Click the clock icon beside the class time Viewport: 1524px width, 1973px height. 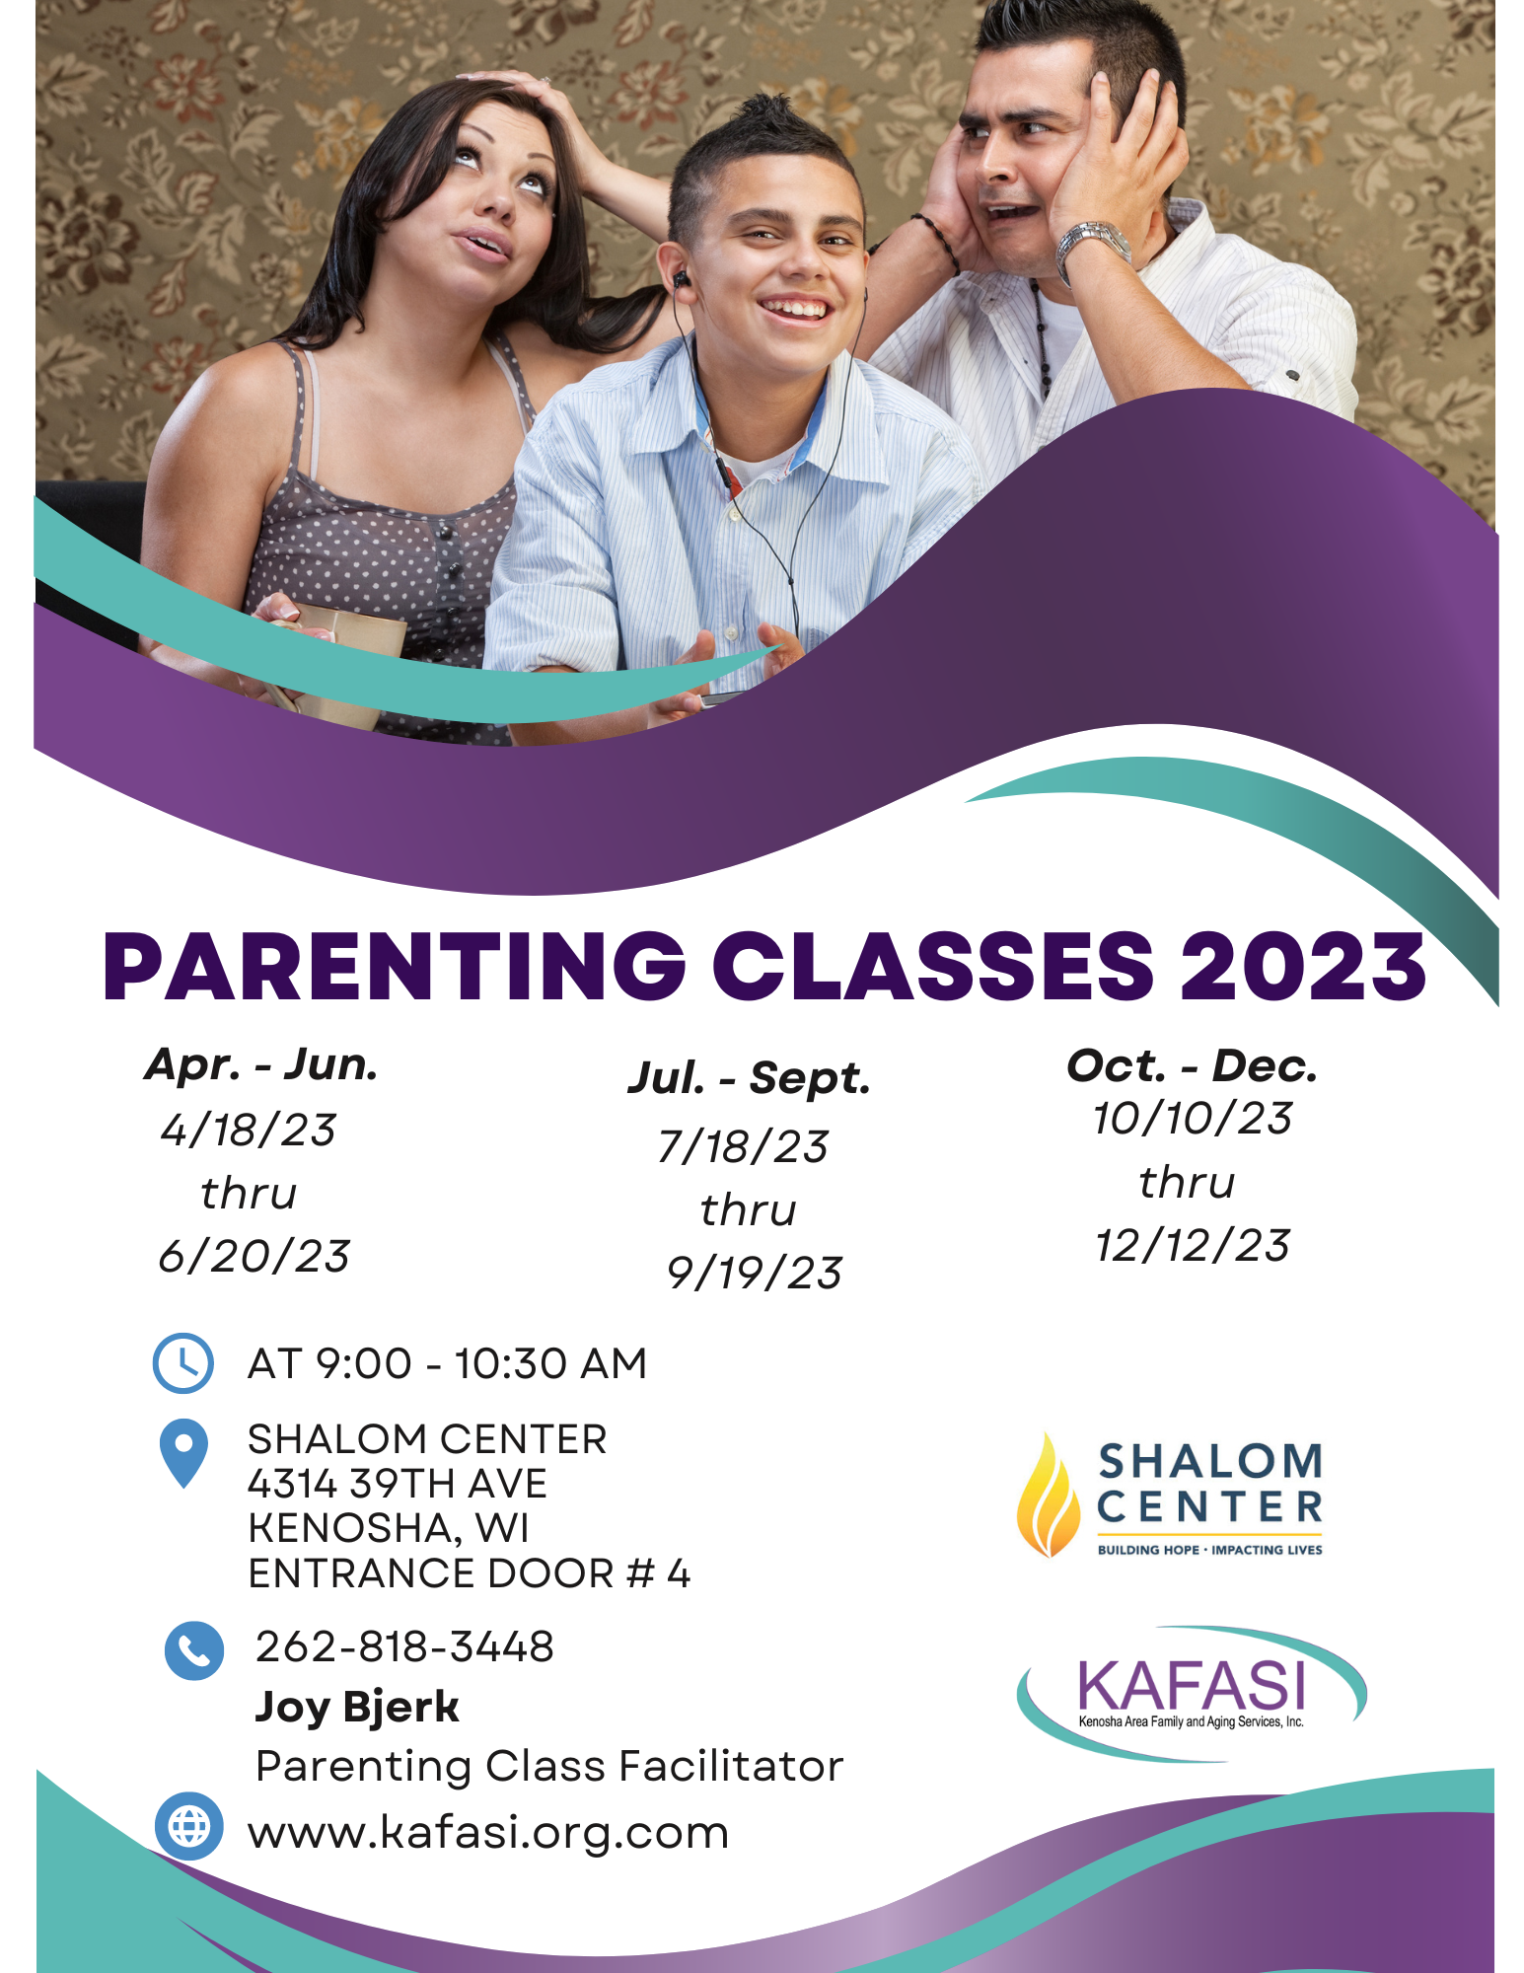(x=183, y=1363)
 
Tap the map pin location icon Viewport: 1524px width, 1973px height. (x=183, y=1453)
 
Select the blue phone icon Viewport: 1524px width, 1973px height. (x=194, y=1650)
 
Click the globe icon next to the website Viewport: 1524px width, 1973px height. (x=189, y=1827)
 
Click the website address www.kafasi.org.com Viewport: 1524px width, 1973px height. (x=489, y=1833)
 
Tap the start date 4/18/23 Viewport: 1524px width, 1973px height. (x=249, y=1131)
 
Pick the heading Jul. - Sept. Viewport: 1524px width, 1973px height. (x=750, y=1078)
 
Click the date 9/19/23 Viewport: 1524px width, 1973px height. (x=755, y=1274)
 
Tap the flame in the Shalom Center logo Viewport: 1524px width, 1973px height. (x=1049, y=1496)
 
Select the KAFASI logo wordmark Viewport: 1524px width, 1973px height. (x=1192, y=1685)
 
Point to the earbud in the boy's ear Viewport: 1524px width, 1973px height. (x=682, y=280)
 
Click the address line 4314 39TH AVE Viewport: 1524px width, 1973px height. (x=398, y=1484)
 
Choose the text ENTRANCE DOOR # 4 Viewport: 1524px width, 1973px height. (x=470, y=1573)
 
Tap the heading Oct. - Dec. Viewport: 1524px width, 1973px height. (x=1193, y=1065)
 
